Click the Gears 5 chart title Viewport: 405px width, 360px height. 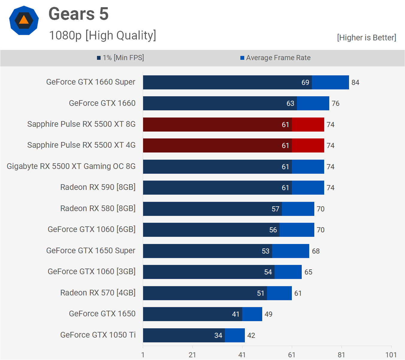tap(78, 14)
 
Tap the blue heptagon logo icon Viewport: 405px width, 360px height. tap(24, 20)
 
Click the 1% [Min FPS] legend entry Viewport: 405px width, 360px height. tap(120, 58)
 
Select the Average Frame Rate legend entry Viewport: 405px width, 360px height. tap(275, 58)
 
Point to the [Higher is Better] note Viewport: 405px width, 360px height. tap(366, 38)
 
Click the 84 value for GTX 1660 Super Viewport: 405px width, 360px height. tap(355, 83)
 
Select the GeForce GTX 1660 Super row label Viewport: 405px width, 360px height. tap(91, 82)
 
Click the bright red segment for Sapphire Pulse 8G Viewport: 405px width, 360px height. tap(308, 124)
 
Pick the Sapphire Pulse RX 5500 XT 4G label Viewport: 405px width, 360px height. tap(81, 145)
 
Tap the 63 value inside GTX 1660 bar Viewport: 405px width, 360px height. tap(290, 103)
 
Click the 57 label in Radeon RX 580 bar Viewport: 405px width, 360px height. tap(275, 209)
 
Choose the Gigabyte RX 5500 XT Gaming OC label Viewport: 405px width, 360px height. tap(71, 166)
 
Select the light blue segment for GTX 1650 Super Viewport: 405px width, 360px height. tap(290, 251)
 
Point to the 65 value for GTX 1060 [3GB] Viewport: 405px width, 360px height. tap(308, 272)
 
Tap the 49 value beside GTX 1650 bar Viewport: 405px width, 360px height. tap(269, 314)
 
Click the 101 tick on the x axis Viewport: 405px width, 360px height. tap(391, 355)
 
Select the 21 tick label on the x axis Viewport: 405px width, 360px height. tap(192, 355)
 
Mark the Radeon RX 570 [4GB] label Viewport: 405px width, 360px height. tap(98, 293)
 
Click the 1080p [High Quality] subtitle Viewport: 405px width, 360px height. tap(102, 35)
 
